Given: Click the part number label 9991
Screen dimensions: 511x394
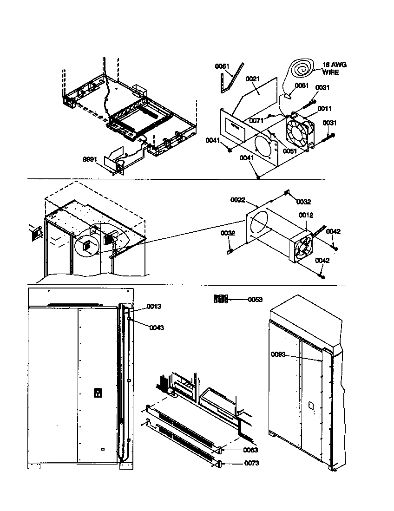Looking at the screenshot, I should click(x=90, y=159).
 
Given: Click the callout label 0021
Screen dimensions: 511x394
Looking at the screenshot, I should click(x=253, y=79).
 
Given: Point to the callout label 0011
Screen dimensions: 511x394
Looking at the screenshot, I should click(x=324, y=109).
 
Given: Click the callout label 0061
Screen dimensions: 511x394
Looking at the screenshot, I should click(x=302, y=85).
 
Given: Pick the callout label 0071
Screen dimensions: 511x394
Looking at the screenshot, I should click(x=257, y=120).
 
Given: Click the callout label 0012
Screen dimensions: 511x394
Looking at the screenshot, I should click(x=306, y=215).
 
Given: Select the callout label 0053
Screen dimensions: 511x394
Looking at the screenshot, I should click(x=255, y=299).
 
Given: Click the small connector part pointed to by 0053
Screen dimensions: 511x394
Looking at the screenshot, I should click(x=221, y=299).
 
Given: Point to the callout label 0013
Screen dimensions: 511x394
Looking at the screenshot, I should click(x=154, y=306).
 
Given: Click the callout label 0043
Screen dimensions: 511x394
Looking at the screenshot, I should click(x=157, y=328).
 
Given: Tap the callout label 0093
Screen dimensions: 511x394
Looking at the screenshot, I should click(x=279, y=354).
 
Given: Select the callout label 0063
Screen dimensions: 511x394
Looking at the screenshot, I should click(x=250, y=450).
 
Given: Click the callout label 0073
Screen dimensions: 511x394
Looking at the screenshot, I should click(x=252, y=463).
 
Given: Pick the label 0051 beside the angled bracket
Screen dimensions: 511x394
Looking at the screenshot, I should click(x=223, y=66).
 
